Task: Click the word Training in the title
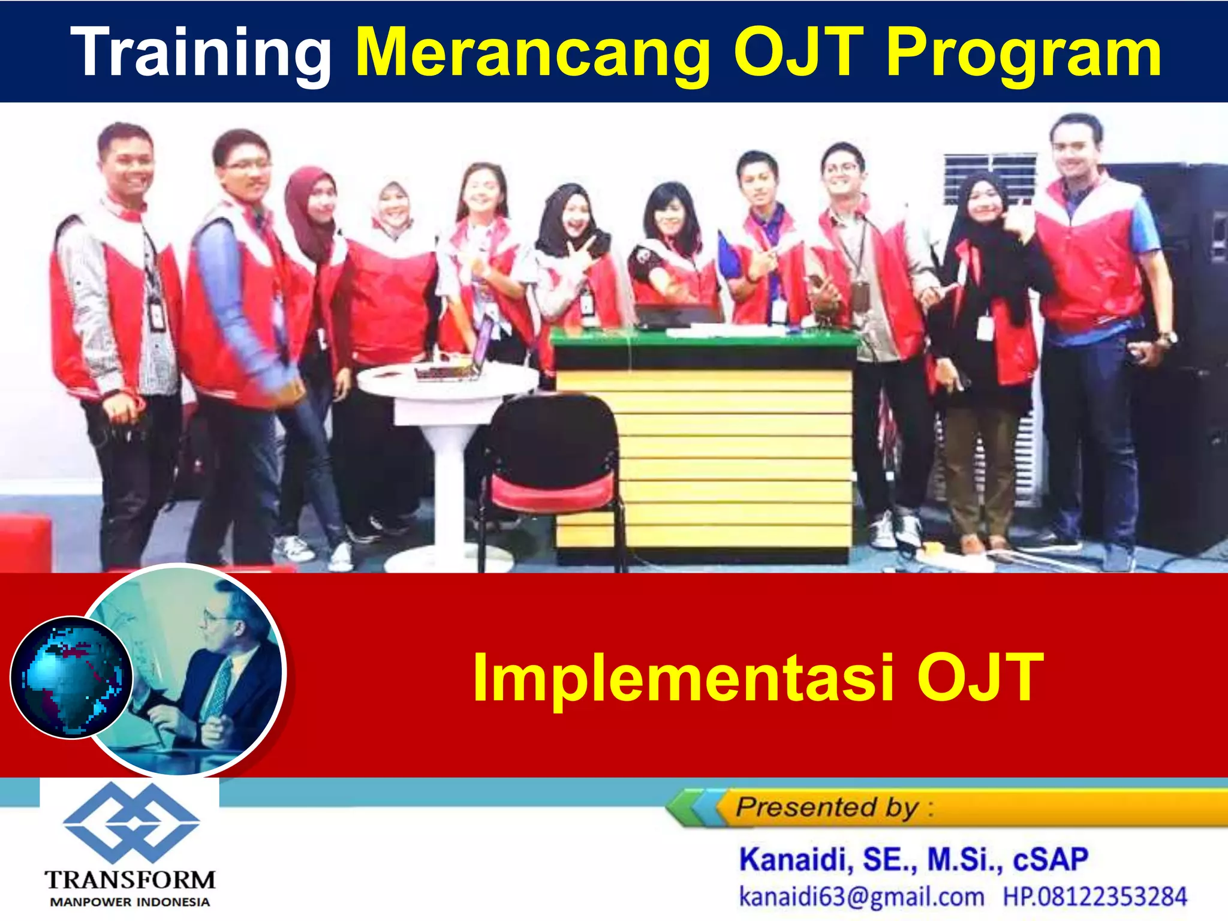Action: (201, 53)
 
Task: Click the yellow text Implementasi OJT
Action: (758, 678)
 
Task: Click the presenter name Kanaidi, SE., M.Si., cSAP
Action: (913, 859)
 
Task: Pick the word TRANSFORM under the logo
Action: (130, 880)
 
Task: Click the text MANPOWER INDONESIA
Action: (130, 902)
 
